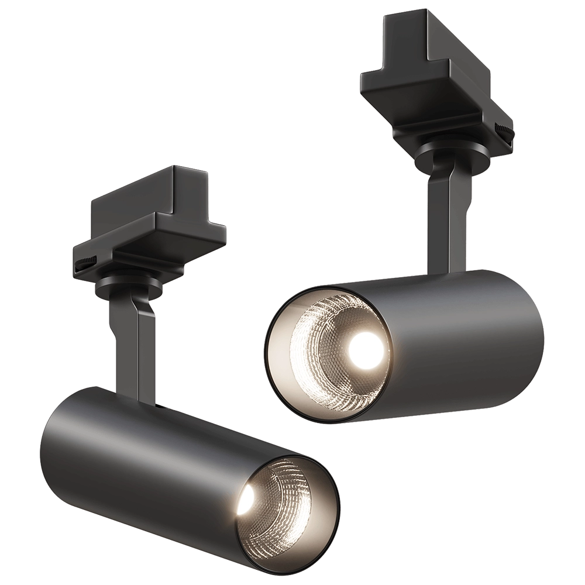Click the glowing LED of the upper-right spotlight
[365, 349]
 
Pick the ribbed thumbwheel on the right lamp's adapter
[504, 130]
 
